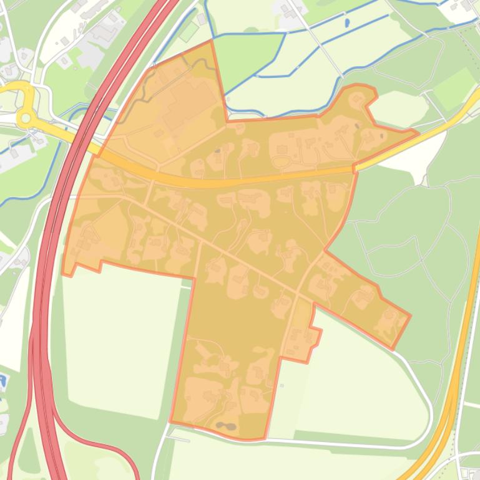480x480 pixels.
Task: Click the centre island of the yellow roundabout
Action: (26, 116)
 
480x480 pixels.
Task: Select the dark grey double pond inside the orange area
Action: (225, 427)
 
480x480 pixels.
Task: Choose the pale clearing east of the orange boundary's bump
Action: (391, 107)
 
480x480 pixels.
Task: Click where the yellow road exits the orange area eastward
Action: (355, 167)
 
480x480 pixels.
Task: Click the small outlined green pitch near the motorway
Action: (189, 31)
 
